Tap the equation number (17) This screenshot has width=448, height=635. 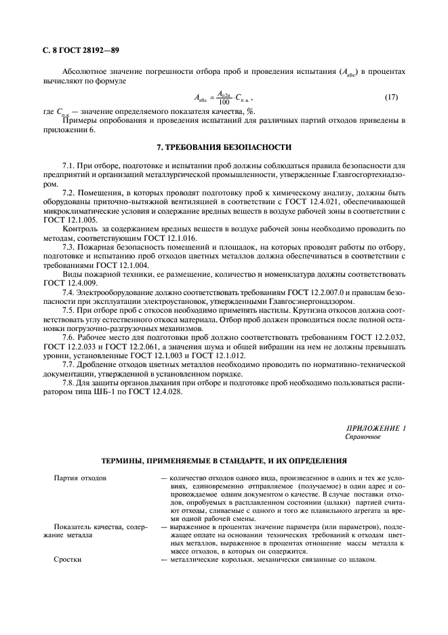click(x=392, y=98)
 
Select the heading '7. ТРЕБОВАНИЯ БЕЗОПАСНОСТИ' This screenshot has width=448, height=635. click(x=223, y=147)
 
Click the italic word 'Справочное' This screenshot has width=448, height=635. click(x=363, y=437)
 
